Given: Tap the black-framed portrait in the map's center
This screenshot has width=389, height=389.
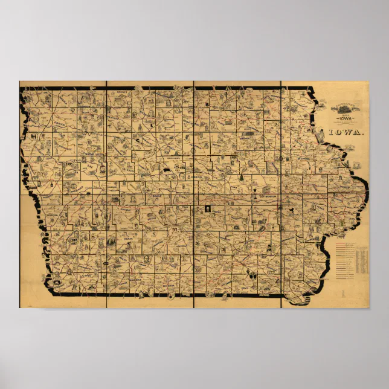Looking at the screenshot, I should click(x=208, y=210).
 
